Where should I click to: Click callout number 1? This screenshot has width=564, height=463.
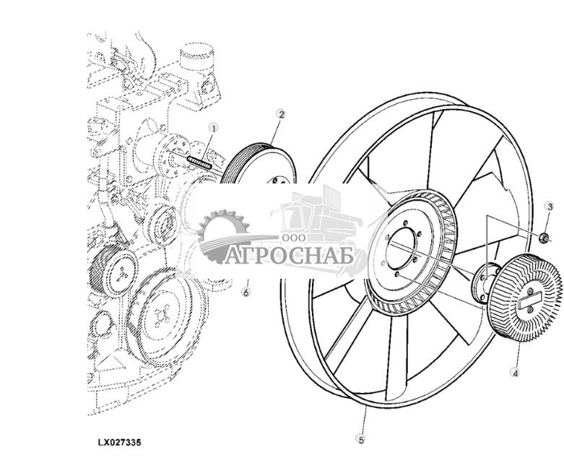[x=214, y=128]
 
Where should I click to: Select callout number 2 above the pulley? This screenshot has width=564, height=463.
[x=282, y=114]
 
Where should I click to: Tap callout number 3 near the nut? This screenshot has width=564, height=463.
[x=550, y=207]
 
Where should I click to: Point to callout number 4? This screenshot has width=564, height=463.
[x=516, y=373]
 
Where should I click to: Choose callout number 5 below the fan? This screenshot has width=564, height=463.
[x=361, y=439]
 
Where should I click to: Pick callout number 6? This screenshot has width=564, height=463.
[x=246, y=292]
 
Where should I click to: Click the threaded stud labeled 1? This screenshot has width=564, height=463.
[x=199, y=163]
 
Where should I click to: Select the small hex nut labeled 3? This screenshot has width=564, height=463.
[x=544, y=238]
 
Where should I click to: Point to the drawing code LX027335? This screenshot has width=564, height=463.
[x=119, y=442]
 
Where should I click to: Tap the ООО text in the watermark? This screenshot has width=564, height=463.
[x=294, y=238]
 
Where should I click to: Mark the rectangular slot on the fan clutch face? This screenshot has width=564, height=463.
[x=529, y=300]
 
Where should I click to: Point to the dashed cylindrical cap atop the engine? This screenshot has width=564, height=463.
[x=196, y=57]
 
